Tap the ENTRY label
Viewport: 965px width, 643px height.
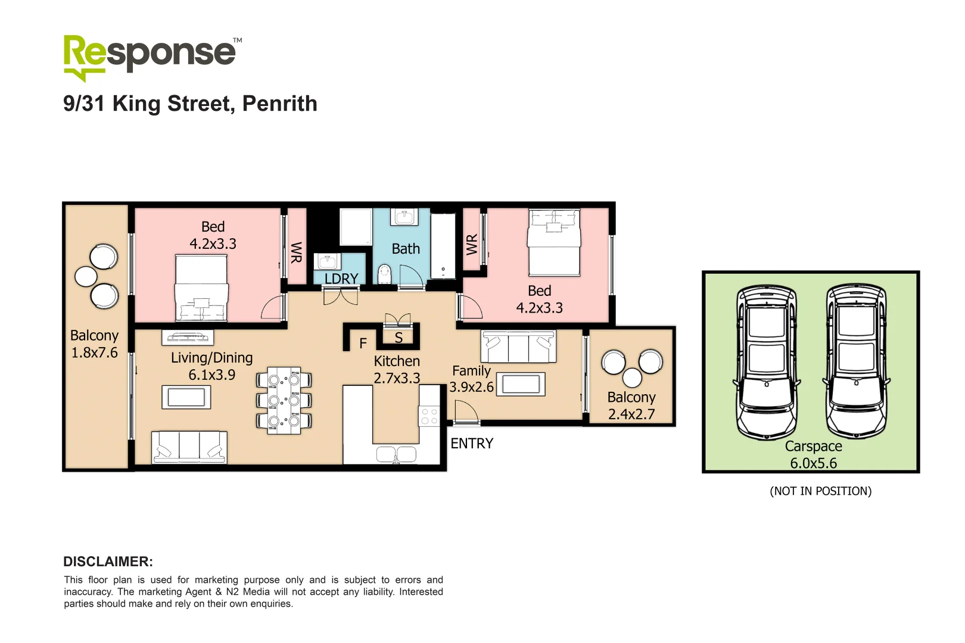click(471, 444)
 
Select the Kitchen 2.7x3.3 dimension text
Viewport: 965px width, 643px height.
click(397, 378)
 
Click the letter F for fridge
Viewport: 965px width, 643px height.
click(363, 344)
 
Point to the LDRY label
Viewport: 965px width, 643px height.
click(341, 279)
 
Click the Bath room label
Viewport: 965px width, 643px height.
click(406, 249)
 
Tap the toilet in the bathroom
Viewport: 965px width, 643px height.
click(384, 274)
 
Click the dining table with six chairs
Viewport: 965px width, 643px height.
click(284, 400)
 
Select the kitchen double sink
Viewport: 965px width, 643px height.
click(396, 455)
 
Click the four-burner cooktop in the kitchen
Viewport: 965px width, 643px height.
click(429, 416)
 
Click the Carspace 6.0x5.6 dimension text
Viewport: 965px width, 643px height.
click(813, 463)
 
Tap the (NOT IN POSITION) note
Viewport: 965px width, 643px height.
click(820, 491)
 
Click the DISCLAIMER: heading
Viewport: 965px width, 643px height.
click(108, 561)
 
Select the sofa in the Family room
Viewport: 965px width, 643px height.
click(518, 347)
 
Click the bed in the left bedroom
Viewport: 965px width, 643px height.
click(201, 288)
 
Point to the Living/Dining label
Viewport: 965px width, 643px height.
click(211, 358)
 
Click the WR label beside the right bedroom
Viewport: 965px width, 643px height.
click(472, 244)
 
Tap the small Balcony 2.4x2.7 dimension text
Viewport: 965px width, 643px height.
click(631, 414)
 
